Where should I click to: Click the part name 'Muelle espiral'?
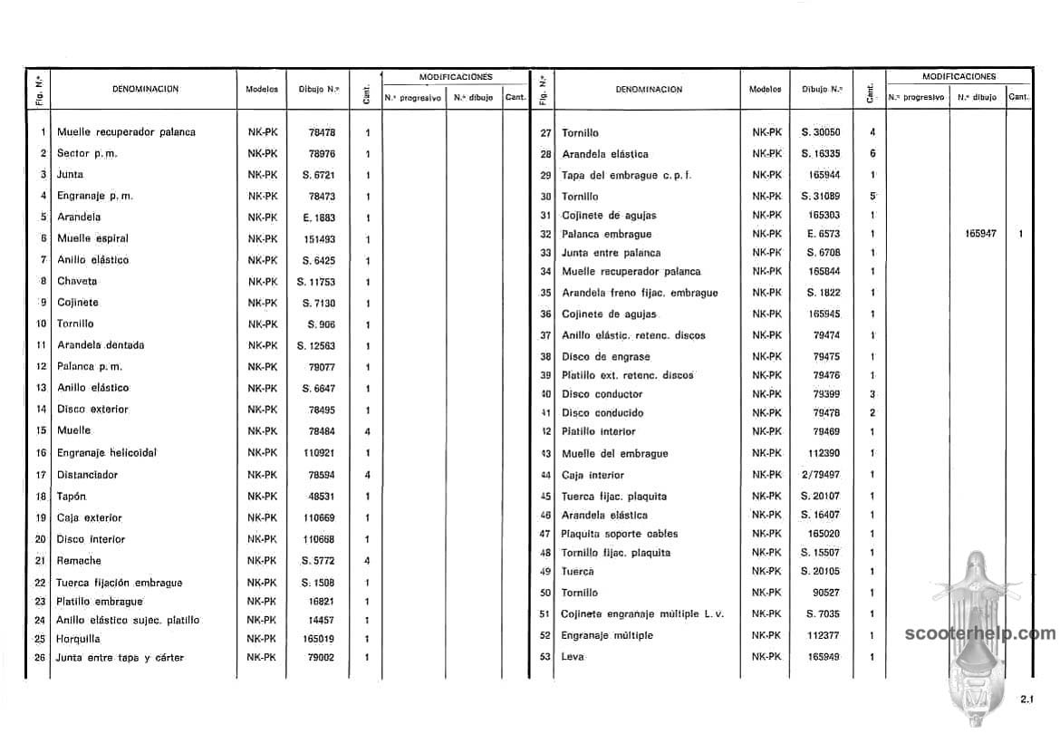[92, 238]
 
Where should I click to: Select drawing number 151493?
[322, 239]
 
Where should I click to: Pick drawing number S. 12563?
[316, 345]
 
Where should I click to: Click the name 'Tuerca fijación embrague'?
[120, 583]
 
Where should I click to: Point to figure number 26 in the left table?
[40, 657]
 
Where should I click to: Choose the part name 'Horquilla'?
[79, 639]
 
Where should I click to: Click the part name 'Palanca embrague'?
[607, 234]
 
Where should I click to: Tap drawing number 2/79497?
[821, 475]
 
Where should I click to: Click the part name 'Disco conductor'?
[602, 394]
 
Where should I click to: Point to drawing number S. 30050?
[821, 132]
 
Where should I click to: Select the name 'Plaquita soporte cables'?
[620, 534]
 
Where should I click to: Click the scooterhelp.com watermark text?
[980, 634]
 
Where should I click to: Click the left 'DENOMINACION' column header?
[145, 89]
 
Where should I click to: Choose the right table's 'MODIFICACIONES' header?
[959, 77]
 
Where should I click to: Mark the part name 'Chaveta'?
[77, 281]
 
